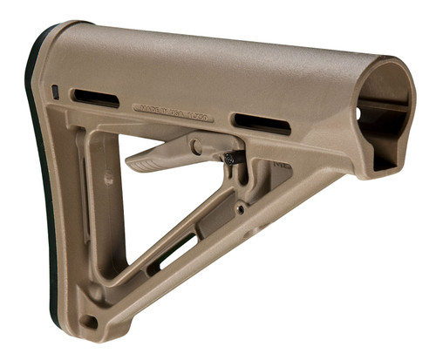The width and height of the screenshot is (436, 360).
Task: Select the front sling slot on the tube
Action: tap(262, 123)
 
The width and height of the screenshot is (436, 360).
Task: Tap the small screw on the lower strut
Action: tap(239, 209)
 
